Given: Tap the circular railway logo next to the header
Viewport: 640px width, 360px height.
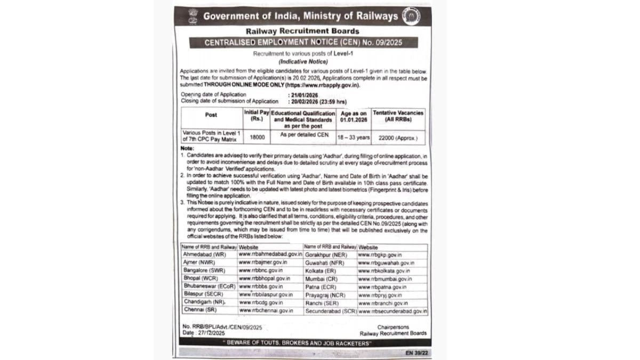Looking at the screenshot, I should coord(411,16).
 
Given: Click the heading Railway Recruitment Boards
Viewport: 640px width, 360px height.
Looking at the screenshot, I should coord(302,31).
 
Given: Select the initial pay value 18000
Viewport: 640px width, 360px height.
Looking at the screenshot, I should coord(257,137).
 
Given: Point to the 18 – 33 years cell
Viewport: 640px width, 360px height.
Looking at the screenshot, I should coord(353,137).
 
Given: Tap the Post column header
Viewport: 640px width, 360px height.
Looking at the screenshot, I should coord(211,115).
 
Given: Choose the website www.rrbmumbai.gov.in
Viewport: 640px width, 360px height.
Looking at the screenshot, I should coord(385,278).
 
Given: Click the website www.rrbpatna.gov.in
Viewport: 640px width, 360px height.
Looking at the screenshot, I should coord(382,286).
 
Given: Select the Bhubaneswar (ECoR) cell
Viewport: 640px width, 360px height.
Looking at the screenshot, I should coord(207,286).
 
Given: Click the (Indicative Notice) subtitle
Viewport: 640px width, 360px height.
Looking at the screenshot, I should coord(302,62).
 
